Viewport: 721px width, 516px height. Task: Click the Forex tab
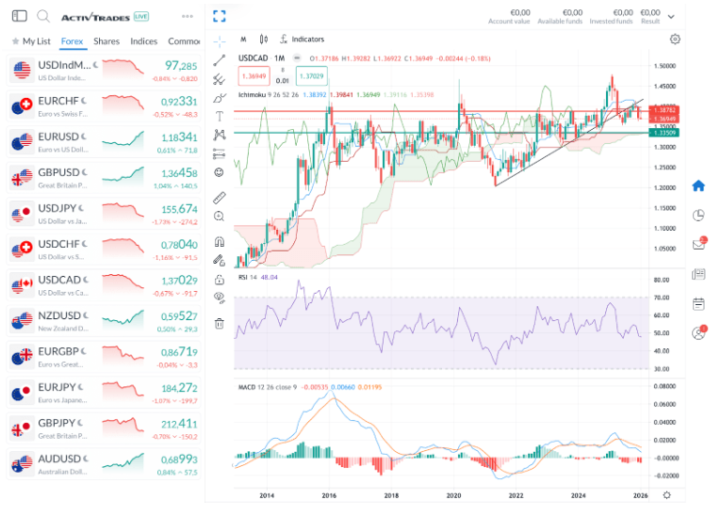(x=72, y=41)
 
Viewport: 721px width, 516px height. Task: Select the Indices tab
(x=143, y=41)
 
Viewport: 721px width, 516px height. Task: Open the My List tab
(x=31, y=41)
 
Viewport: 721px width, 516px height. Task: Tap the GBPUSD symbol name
(x=58, y=172)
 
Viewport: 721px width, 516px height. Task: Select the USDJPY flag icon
(x=22, y=214)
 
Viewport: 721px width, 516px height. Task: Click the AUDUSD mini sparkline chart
(x=123, y=462)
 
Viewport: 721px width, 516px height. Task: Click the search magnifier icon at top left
(x=43, y=16)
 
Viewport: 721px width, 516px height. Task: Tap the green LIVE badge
(x=140, y=17)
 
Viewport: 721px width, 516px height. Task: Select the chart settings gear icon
(x=675, y=40)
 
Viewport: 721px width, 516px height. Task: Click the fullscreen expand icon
(x=220, y=16)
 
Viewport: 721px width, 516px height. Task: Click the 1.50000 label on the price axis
(x=666, y=66)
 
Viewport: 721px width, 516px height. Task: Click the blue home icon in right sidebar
(x=698, y=185)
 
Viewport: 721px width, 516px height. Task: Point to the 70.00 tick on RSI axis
(x=662, y=298)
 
